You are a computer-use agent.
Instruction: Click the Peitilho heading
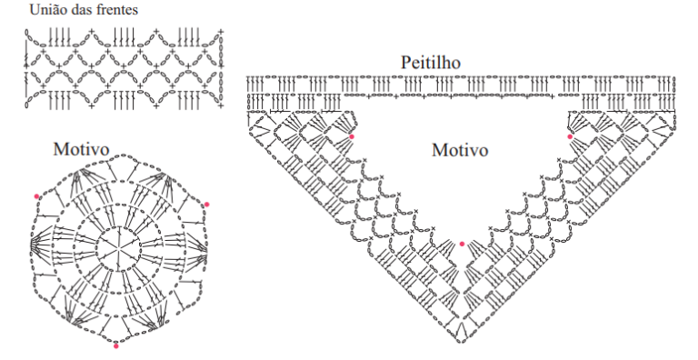pos(431,63)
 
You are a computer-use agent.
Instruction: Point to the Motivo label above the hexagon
pos(81,149)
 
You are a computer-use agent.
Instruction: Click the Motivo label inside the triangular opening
pos(460,150)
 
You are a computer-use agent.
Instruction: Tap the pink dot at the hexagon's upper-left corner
pos(36,196)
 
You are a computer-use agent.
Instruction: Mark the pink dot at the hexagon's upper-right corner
pos(206,205)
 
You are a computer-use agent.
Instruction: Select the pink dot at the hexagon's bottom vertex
pos(116,345)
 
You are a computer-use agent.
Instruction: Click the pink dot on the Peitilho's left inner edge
pos(352,136)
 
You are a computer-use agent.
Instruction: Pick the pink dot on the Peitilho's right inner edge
pos(570,136)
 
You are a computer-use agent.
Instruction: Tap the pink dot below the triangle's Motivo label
pos(462,244)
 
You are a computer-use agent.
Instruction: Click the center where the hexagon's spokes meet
pos(118,246)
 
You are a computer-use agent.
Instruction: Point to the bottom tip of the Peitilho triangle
pos(462,342)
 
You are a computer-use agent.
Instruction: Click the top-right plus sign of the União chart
pos(220,32)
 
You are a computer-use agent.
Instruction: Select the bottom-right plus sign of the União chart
pos(220,105)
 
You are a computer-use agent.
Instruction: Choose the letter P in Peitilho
pos(406,63)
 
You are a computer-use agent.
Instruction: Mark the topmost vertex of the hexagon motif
pos(116,156)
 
